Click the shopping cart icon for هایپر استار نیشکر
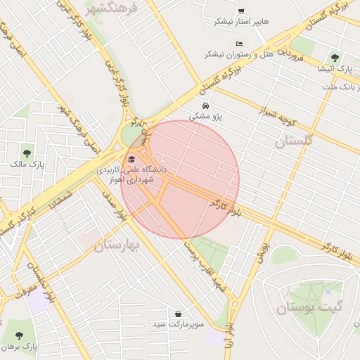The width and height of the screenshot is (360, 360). pyautogui.click(x=241, y=11)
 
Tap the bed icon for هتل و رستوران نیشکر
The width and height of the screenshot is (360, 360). pyautogui.click(x=239, y=44)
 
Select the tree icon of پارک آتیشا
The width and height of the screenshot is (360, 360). pyautogui.click(x=334, y=58)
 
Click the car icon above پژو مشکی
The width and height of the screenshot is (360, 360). pyautogui.click(x=205, y=107)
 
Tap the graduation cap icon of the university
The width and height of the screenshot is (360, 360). pyautogui.click(x=133, y=157)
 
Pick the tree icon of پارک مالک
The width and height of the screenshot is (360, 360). pyautogui.click(x=27, y=153)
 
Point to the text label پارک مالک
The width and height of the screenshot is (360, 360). pyautogui.click(x=27, y=164)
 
